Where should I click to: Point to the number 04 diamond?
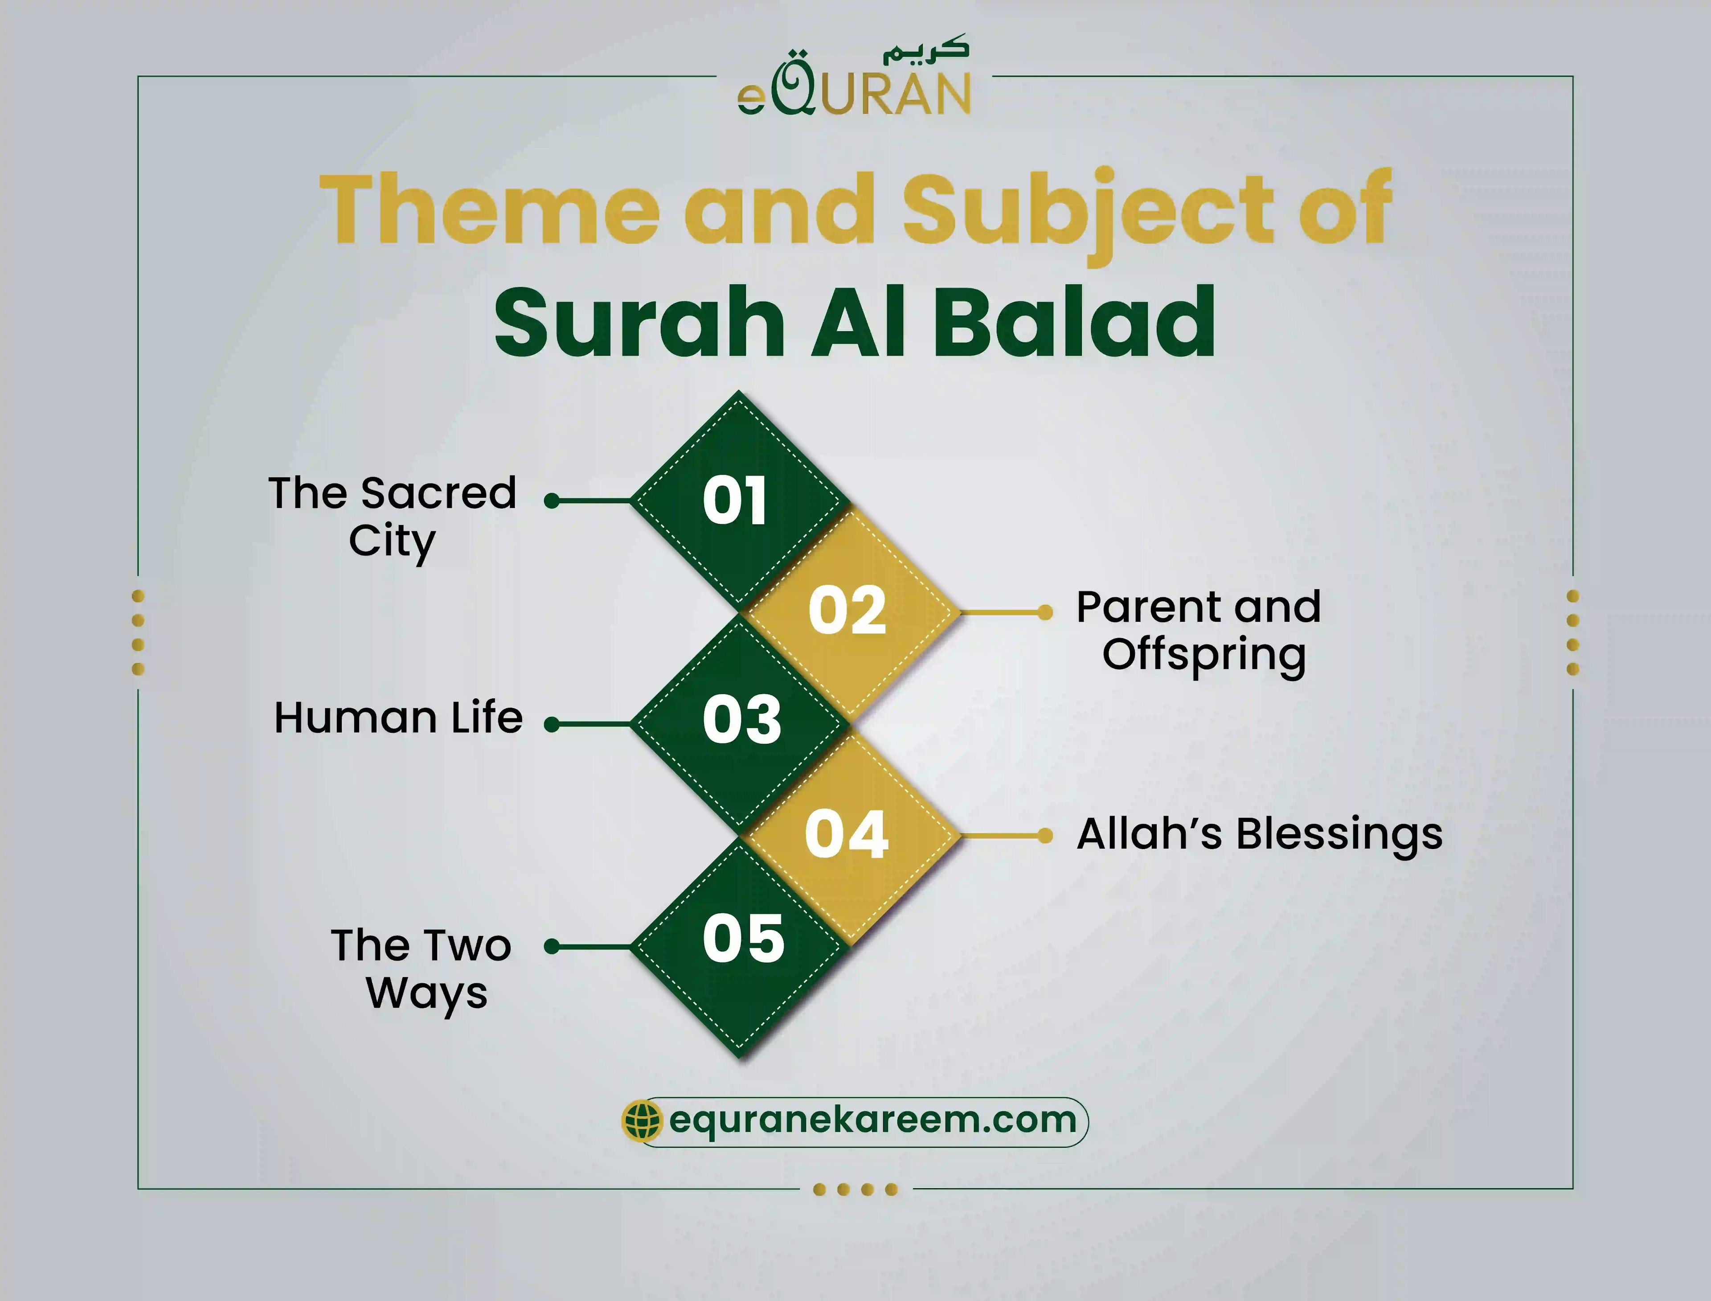pyautogui.click(x=846, y=834)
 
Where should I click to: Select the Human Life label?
pyautogui.click(x=398, y=718)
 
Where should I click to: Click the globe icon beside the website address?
pyautogui.click(x=642, y=1120)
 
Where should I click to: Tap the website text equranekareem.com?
pyautogui.click(x=872, y=1120)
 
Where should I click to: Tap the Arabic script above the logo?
pyautogui.click(x=926, y=49)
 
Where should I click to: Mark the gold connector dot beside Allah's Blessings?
pyautogui.click(x=1045, y=836)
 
